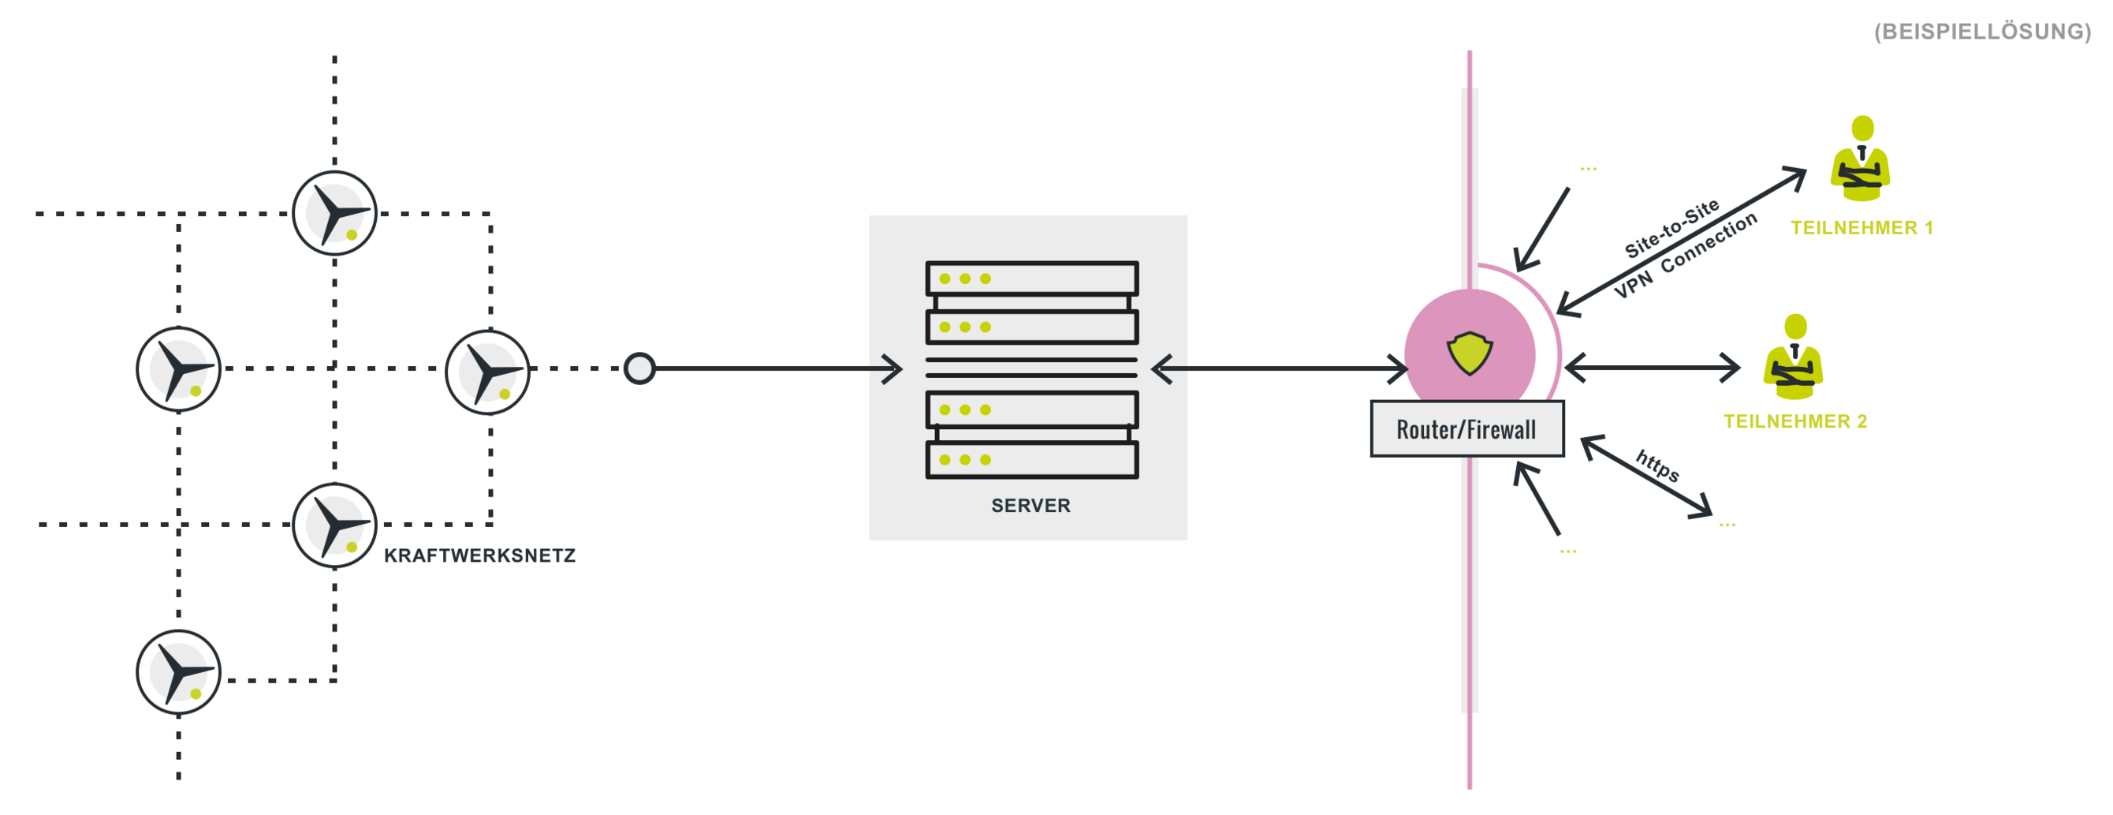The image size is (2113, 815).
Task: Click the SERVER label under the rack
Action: (1030, 506)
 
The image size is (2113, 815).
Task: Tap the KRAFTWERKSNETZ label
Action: (480, 555)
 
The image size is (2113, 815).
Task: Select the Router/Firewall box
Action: (1467, 428)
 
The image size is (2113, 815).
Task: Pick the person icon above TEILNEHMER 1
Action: (1861, 159)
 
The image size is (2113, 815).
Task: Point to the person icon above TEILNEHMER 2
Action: (1793, 357)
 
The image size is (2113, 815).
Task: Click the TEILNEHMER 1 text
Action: (1861, 228)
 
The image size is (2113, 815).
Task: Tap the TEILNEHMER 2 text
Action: (1794, 422)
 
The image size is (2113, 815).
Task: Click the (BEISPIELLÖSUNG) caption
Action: (1983, 32)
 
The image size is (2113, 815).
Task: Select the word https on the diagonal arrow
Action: (1658, 466)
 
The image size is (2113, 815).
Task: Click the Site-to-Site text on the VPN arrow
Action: (1671, 229)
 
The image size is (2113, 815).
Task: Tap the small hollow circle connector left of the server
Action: (639, 368)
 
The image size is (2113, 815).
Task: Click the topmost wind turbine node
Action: (334, 213)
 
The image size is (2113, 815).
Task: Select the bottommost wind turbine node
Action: (179, 672)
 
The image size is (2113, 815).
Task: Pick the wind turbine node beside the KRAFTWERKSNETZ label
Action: (334, 525)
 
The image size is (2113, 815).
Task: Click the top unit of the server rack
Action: (1032, 279)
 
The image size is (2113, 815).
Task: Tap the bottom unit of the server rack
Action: (1032, 460)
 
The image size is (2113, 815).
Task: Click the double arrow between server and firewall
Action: (1280, 368)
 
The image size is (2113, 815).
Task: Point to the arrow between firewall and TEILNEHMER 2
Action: (1652, 368)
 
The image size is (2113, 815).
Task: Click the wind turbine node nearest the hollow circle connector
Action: (488, 372)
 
